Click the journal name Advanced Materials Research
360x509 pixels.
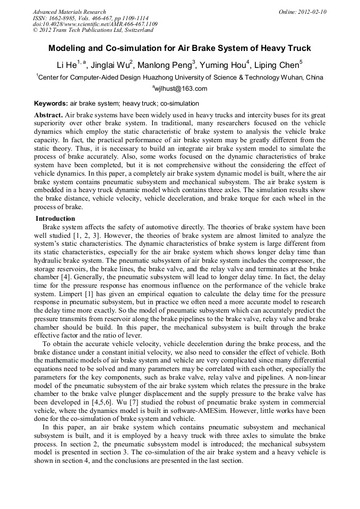pyautogui.click(x=69, y=12)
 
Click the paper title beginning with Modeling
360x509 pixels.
pyautogui.click(x=180, y=48)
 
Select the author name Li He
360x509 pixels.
pyautogui.click(x=66, y=65)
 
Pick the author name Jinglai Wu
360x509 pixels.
pyautogui.click(x=109, y=65)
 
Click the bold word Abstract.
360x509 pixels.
pyautogui.click(x=48, y=115)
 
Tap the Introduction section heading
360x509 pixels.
pyautogui.click(x=55, y=219)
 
